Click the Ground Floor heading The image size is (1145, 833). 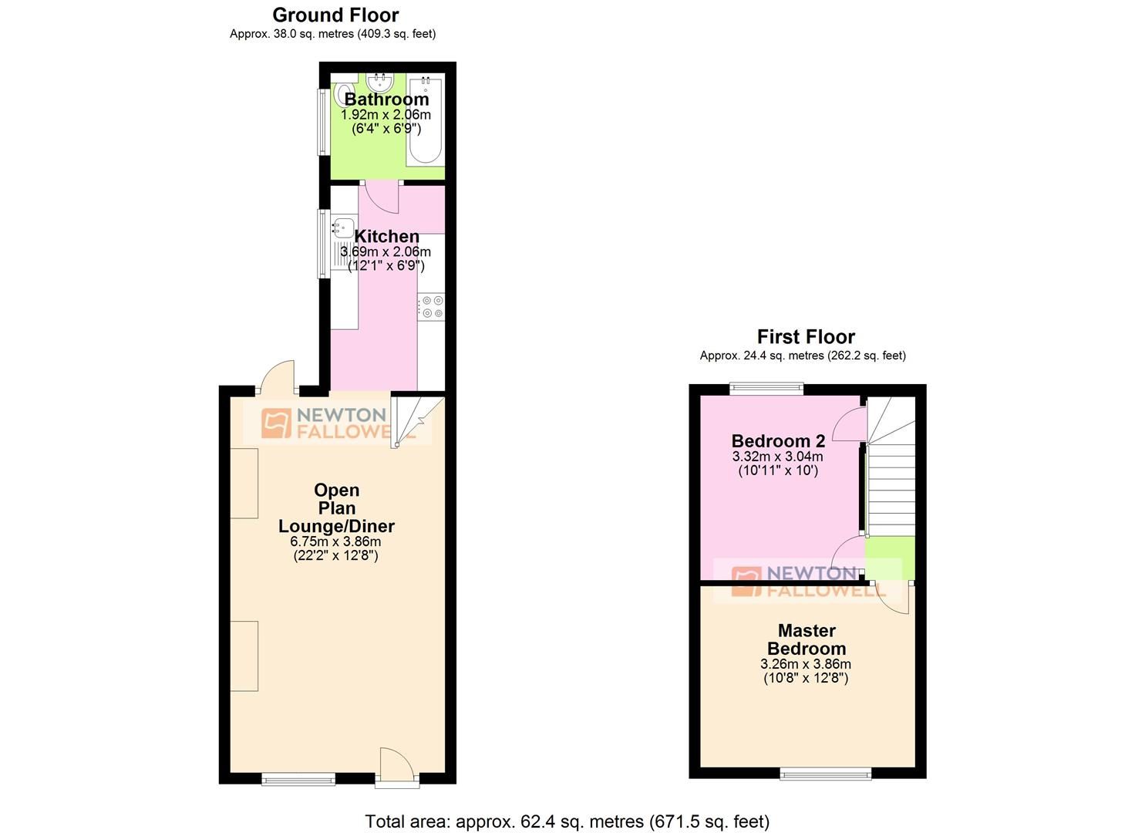pos(335,15)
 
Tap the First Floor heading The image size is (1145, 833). pos(806,337)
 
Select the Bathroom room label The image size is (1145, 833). pos(386,99)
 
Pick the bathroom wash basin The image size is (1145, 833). pos(379,82)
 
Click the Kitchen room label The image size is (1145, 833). pos(386,237)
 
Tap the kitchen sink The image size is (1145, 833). pos(342,228)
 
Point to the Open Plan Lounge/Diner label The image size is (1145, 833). pos(336,508)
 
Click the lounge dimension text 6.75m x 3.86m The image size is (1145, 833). pos(336,541)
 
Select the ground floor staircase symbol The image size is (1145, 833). pos(418,420)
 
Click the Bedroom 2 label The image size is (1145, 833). pos(778,441)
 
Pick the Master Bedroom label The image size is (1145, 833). pos(807,639)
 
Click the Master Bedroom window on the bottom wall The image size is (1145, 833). pos(826,773)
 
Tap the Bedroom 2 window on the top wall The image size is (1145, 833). pos(766,389)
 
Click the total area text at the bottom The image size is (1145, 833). pos(567,821)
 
